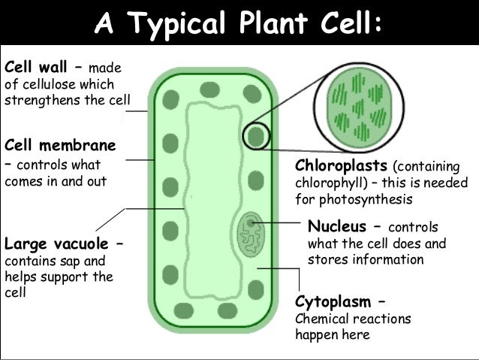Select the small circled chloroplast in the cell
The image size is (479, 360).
point(256,135)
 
